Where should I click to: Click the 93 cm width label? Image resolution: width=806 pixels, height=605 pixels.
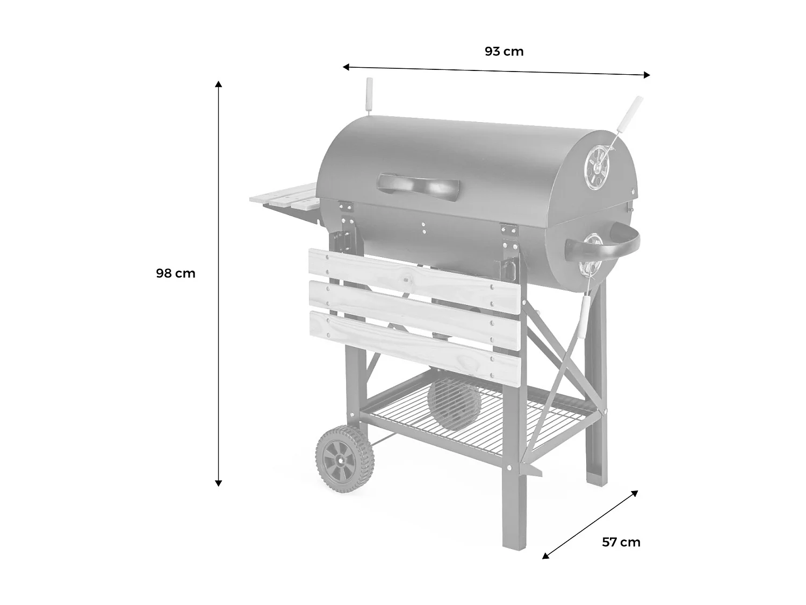pyautogui.click(x=503, y=52)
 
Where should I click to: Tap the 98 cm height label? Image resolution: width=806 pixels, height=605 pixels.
pyautogui.click(x=176, y=273)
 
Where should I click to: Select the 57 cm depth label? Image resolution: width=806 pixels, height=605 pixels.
pyautogui.click(x=621, y=542)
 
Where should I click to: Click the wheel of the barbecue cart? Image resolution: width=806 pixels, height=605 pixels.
pyautogui.click(x=344, y=459)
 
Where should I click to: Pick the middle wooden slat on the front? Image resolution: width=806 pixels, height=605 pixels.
pyautogui.click(x=414, y=308)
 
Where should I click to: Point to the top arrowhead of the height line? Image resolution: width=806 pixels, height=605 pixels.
pyautogui.click(x=218, y=84)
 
